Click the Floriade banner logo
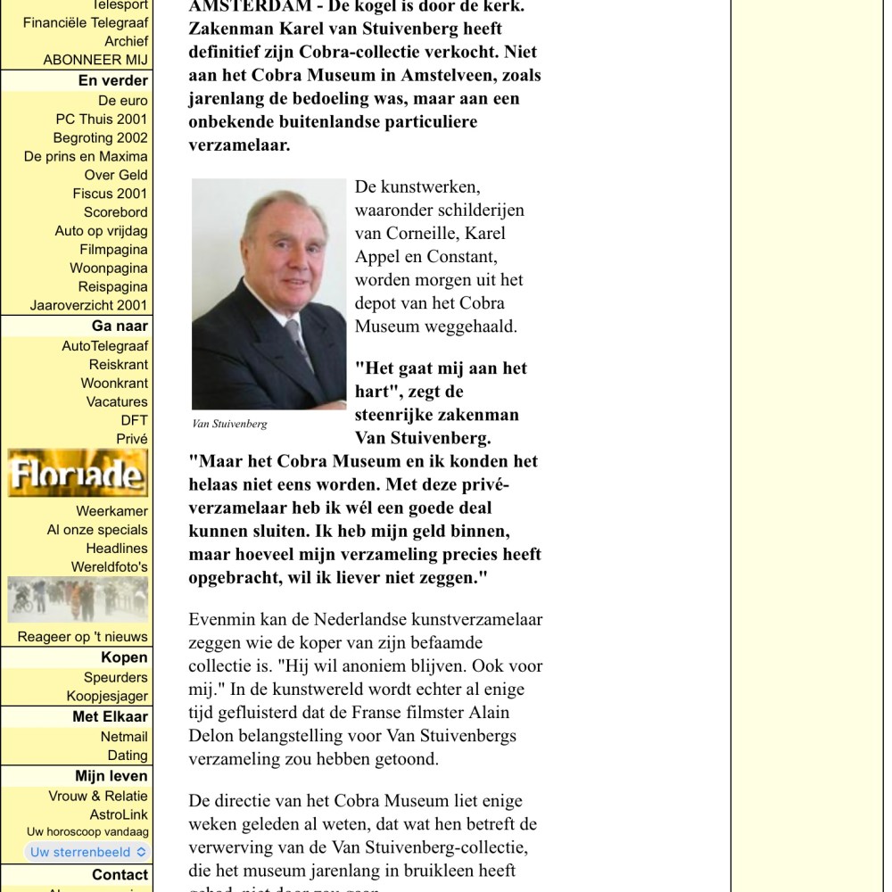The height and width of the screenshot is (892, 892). pos(78,474)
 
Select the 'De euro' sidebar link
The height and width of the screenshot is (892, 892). pos(123,101)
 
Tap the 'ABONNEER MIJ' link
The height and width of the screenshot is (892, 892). pos(95,60)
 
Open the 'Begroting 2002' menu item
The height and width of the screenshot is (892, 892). pos(100,138)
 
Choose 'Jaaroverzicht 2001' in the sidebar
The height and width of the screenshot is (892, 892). pos(88,305)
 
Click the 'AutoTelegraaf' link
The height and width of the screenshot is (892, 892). pos(104,346)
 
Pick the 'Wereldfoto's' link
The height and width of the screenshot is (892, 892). pos(110,567)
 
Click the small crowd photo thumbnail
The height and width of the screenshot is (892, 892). pos(78,600)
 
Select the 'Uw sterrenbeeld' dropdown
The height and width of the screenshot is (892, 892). pos(87,852)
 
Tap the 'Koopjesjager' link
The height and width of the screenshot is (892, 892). pos(107,697)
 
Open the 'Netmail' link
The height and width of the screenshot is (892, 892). pos(124,737)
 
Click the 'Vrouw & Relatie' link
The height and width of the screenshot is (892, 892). pos(98,796)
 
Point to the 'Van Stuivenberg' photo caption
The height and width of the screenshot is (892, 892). pos(229,424)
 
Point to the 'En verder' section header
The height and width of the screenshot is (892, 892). pos(113,80)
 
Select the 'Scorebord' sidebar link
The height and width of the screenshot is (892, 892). pos(116,212)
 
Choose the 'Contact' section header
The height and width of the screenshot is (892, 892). pos(120,875)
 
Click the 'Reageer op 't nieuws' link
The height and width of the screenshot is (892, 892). pos(83,637)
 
